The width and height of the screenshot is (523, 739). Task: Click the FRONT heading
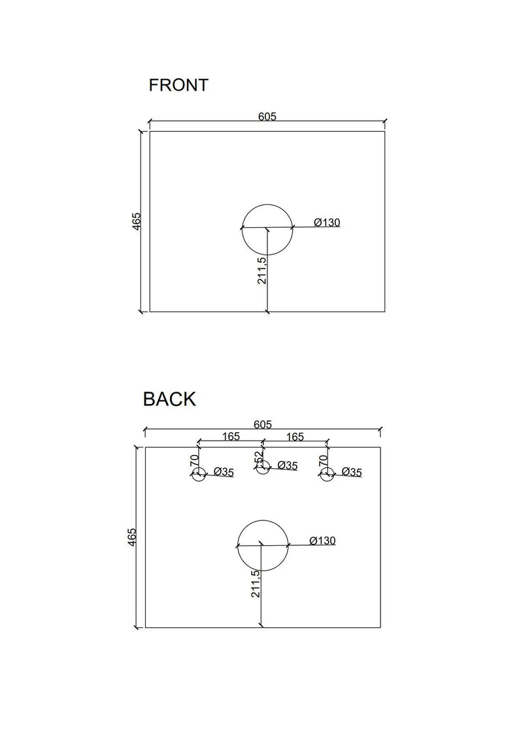(178, 85)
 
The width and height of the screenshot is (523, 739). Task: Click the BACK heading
(169, 399)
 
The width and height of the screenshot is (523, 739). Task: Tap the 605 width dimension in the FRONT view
(267, 117)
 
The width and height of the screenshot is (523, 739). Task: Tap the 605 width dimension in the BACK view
(262, 424)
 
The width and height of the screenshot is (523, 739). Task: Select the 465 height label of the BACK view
(132, 537)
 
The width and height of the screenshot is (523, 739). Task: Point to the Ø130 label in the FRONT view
(327, 223)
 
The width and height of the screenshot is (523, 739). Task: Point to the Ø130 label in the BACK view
(322, 541)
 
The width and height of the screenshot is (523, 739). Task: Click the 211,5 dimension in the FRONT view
(261, 270)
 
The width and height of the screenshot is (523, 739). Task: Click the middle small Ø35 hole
(263, 469)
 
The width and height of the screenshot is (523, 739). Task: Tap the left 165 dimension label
(230, 437)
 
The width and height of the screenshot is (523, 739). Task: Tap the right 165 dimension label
(294, 437)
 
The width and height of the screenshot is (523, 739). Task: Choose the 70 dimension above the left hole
(194, 460)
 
